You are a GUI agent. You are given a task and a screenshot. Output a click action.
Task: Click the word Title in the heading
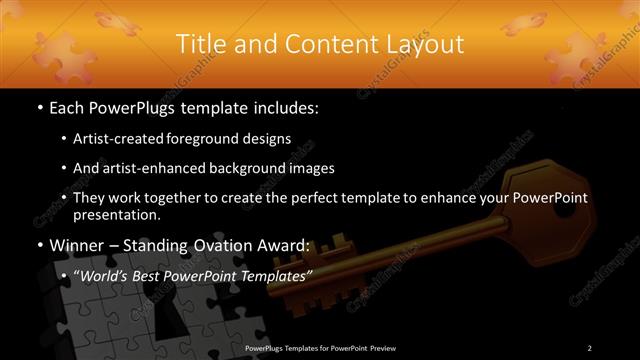pos(197,45)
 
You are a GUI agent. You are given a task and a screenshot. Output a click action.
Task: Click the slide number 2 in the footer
pos(589,347)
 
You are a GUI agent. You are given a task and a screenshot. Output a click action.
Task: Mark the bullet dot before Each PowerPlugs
pos(38,107)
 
